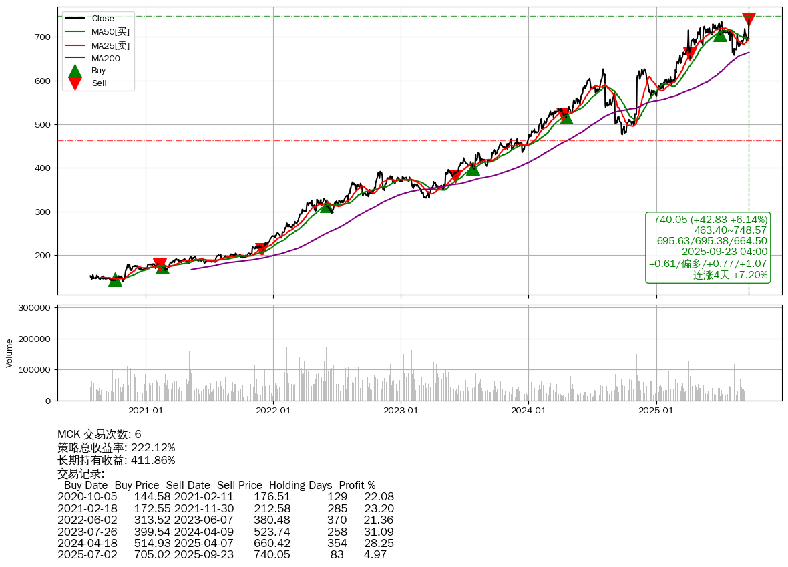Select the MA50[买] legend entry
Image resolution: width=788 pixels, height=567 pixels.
pos(110,32)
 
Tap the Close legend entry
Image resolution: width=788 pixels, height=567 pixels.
pos(103,19)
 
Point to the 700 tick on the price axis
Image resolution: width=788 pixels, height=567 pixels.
pos(43,37)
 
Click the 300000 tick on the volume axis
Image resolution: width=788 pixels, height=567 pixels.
pos(35,308)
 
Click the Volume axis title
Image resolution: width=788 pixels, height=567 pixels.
pos(9,353)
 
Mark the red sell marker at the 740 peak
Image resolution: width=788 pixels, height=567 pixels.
pos(749,19)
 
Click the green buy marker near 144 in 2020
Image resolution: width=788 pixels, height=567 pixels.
pos(115,279)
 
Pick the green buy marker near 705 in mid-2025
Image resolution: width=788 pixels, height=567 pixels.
pos(719,34)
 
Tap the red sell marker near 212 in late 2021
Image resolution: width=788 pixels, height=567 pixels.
pos(261,249)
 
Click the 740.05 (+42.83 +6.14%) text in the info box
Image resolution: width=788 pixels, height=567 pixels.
pos(711,220)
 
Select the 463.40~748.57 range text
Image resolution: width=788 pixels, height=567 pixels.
pos(731,230)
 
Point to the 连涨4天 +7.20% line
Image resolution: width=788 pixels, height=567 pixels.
pos(730,275)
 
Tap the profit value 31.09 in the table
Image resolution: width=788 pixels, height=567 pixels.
pos(379,532)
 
